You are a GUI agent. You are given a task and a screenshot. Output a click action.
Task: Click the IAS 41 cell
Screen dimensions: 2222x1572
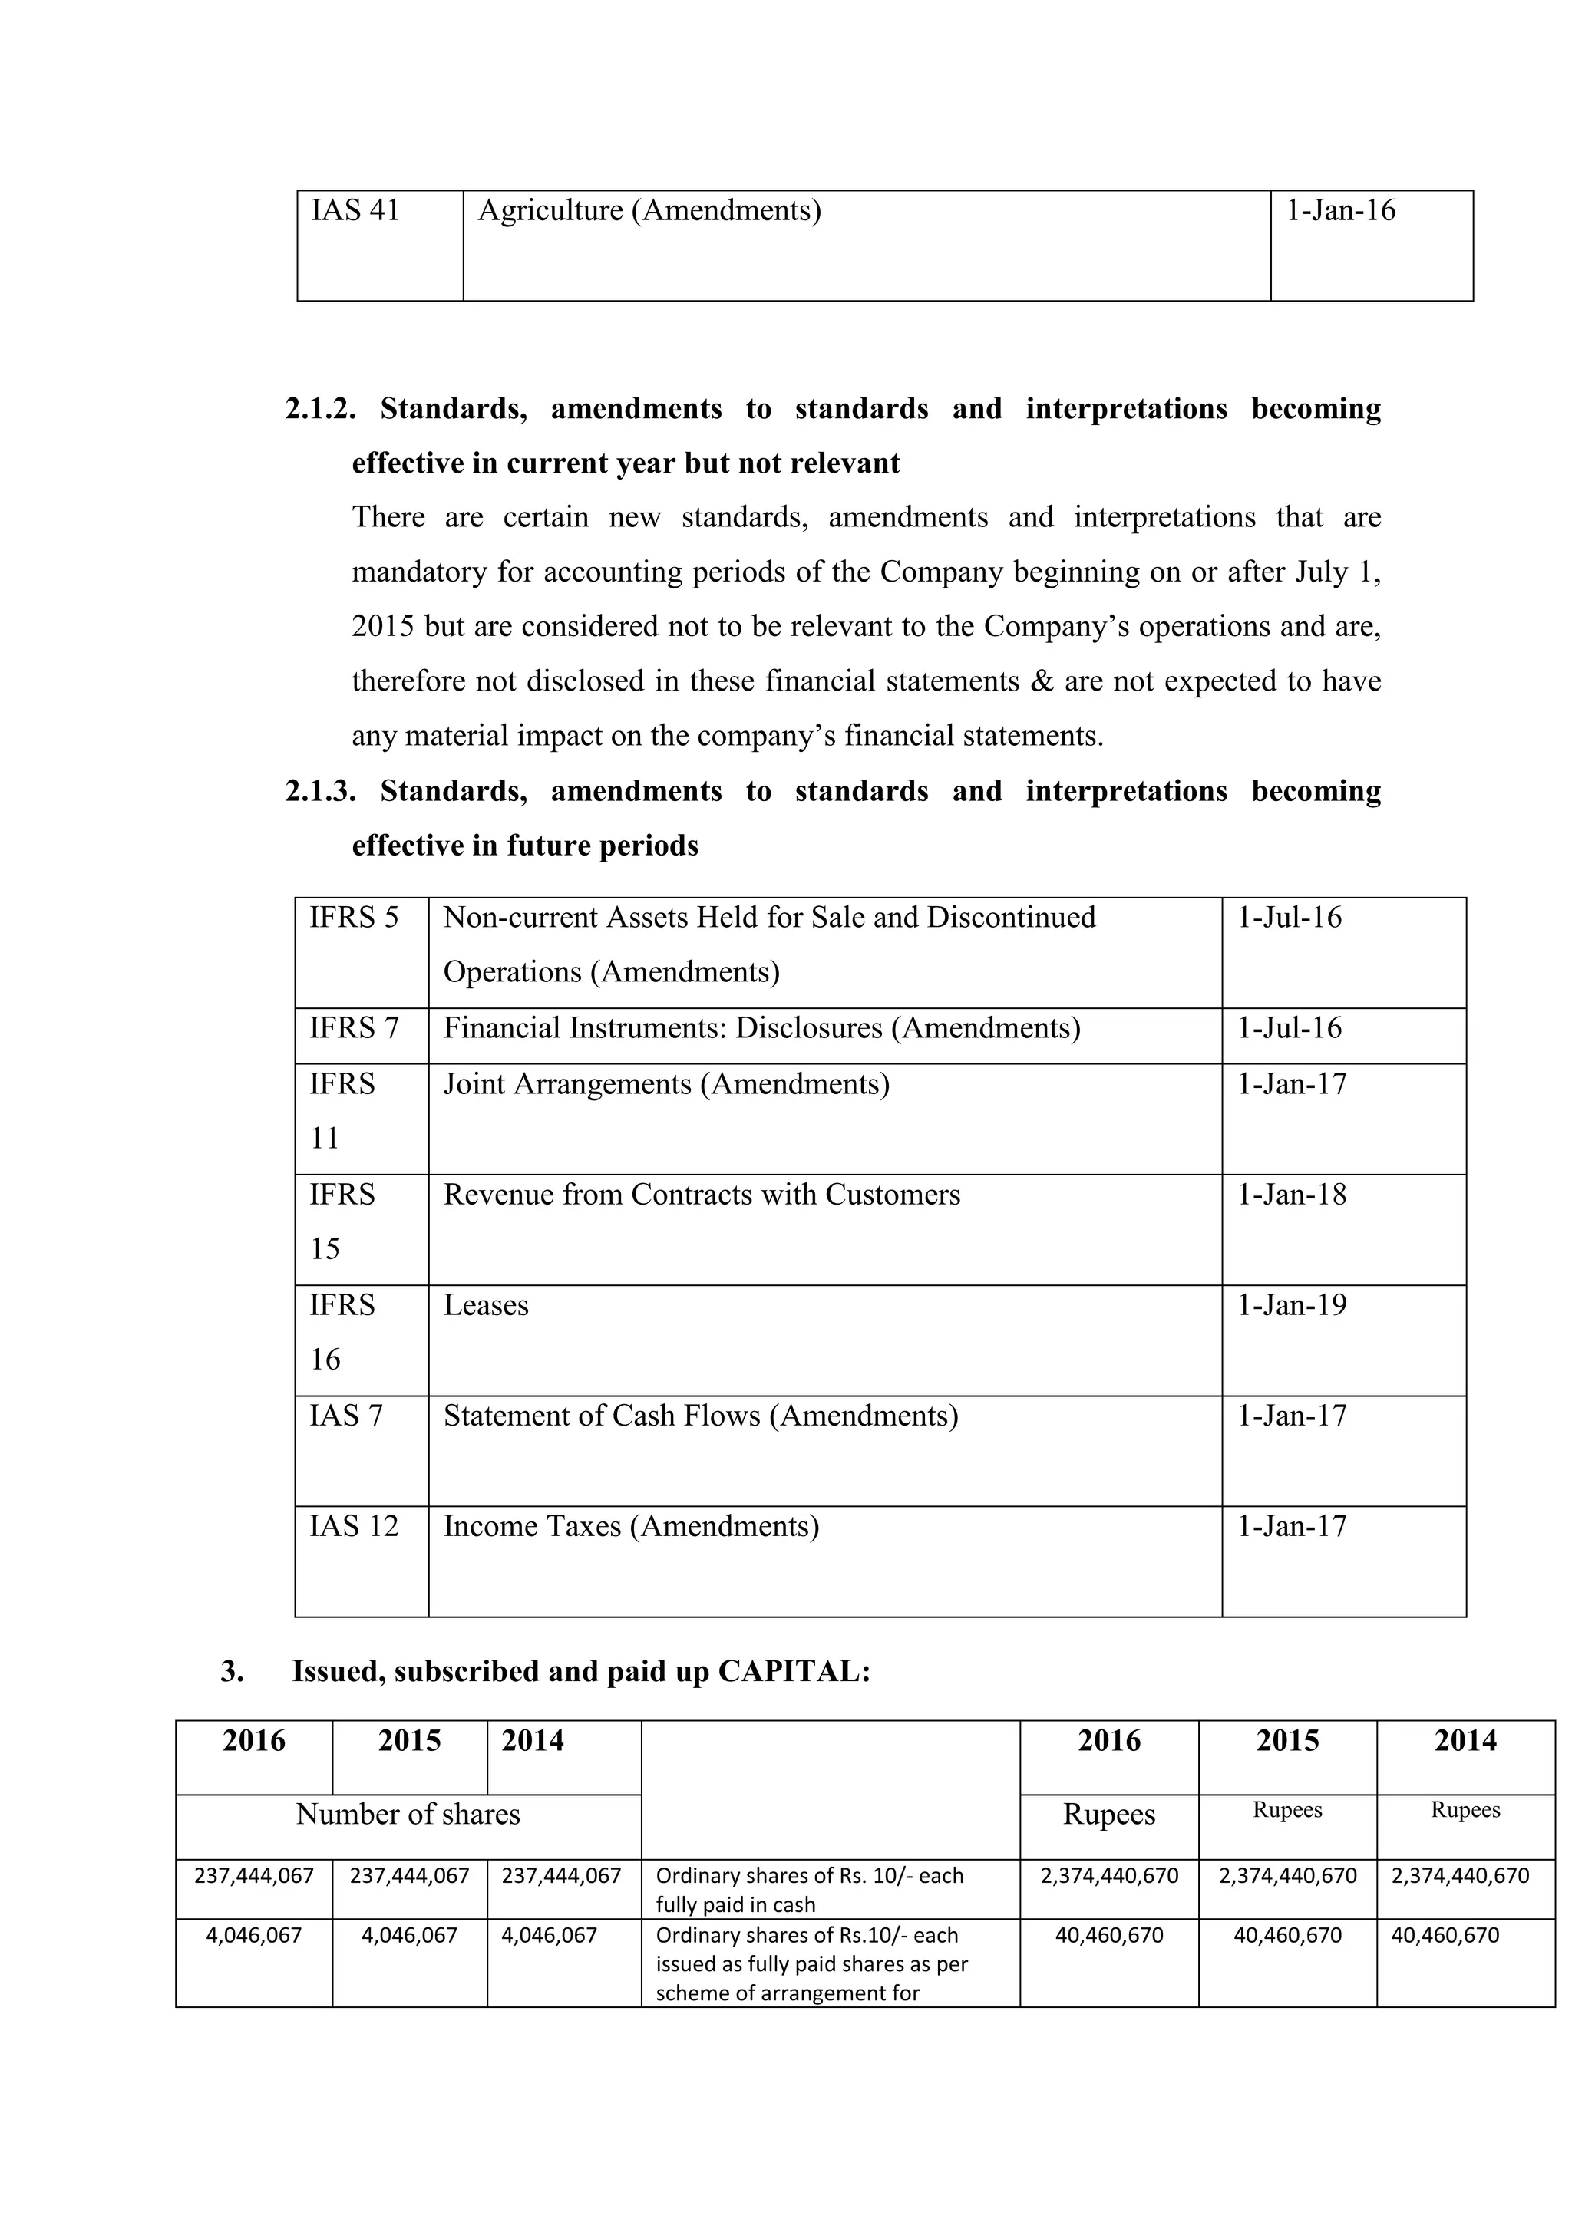[355, 210]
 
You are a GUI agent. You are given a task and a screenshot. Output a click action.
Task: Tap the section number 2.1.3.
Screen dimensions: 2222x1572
[320, 791]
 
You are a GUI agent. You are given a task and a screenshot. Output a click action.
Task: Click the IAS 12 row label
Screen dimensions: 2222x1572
[353, 1526]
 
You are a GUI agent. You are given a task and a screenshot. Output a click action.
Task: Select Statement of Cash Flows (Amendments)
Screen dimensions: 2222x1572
[701, 1416]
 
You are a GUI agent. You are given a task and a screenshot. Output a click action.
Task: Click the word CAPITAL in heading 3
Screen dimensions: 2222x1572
[794, 1671]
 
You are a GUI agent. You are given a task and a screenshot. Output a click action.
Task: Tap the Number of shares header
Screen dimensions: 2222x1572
[408, 1814]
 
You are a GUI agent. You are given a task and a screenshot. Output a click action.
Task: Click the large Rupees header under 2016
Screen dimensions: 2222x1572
[1108, 1814]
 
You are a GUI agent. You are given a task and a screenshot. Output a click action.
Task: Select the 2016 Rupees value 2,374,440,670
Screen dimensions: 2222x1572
[1109, 1875]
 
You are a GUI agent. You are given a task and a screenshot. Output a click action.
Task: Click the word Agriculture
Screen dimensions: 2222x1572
[550, 210]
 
